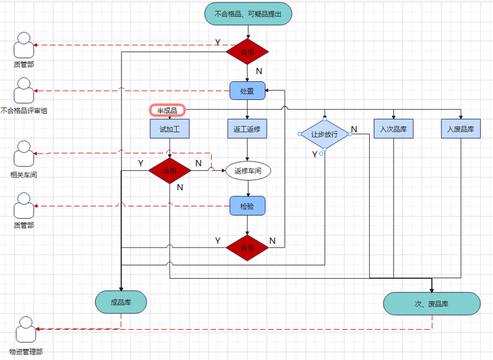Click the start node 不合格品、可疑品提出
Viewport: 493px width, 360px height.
(x=248, y=14)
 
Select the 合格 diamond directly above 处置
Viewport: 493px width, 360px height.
(x=247, y=52)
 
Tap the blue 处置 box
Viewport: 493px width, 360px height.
(x=247, y=91)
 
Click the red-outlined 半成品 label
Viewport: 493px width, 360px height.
(x=167, y=110)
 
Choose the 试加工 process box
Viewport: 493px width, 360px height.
(x=170, y=129)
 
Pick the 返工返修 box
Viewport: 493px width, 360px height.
(x=247, y=129)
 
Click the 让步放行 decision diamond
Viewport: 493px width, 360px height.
(x=325, y=134)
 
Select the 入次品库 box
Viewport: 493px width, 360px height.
(x=393, y=129)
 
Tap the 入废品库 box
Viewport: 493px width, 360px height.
(x=461, y=129)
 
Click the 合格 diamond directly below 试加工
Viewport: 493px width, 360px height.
(x=170, y=171)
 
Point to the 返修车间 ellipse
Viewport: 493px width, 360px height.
(x=248, y=171)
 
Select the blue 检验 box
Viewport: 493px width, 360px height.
(x=247, y=206)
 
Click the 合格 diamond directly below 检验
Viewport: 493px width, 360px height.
(x=247, y=248)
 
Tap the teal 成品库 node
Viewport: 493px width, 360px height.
(x=121, y=302)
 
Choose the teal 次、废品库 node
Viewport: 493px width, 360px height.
(x=432, y=303)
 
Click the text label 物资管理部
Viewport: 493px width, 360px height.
(x=25, y=352)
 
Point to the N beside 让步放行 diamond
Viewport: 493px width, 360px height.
(x=354, y=130)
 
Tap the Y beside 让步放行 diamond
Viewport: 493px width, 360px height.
(x=315, y=154)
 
